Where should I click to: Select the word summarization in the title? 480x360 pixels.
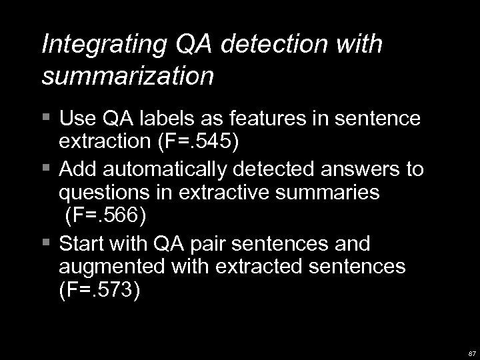click(x=127, y=75)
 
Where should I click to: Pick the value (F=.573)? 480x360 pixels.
click(x=100, y=292)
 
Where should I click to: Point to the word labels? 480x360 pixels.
click(x=168, y=119)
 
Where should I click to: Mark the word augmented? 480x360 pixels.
click(x=113, y=267)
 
